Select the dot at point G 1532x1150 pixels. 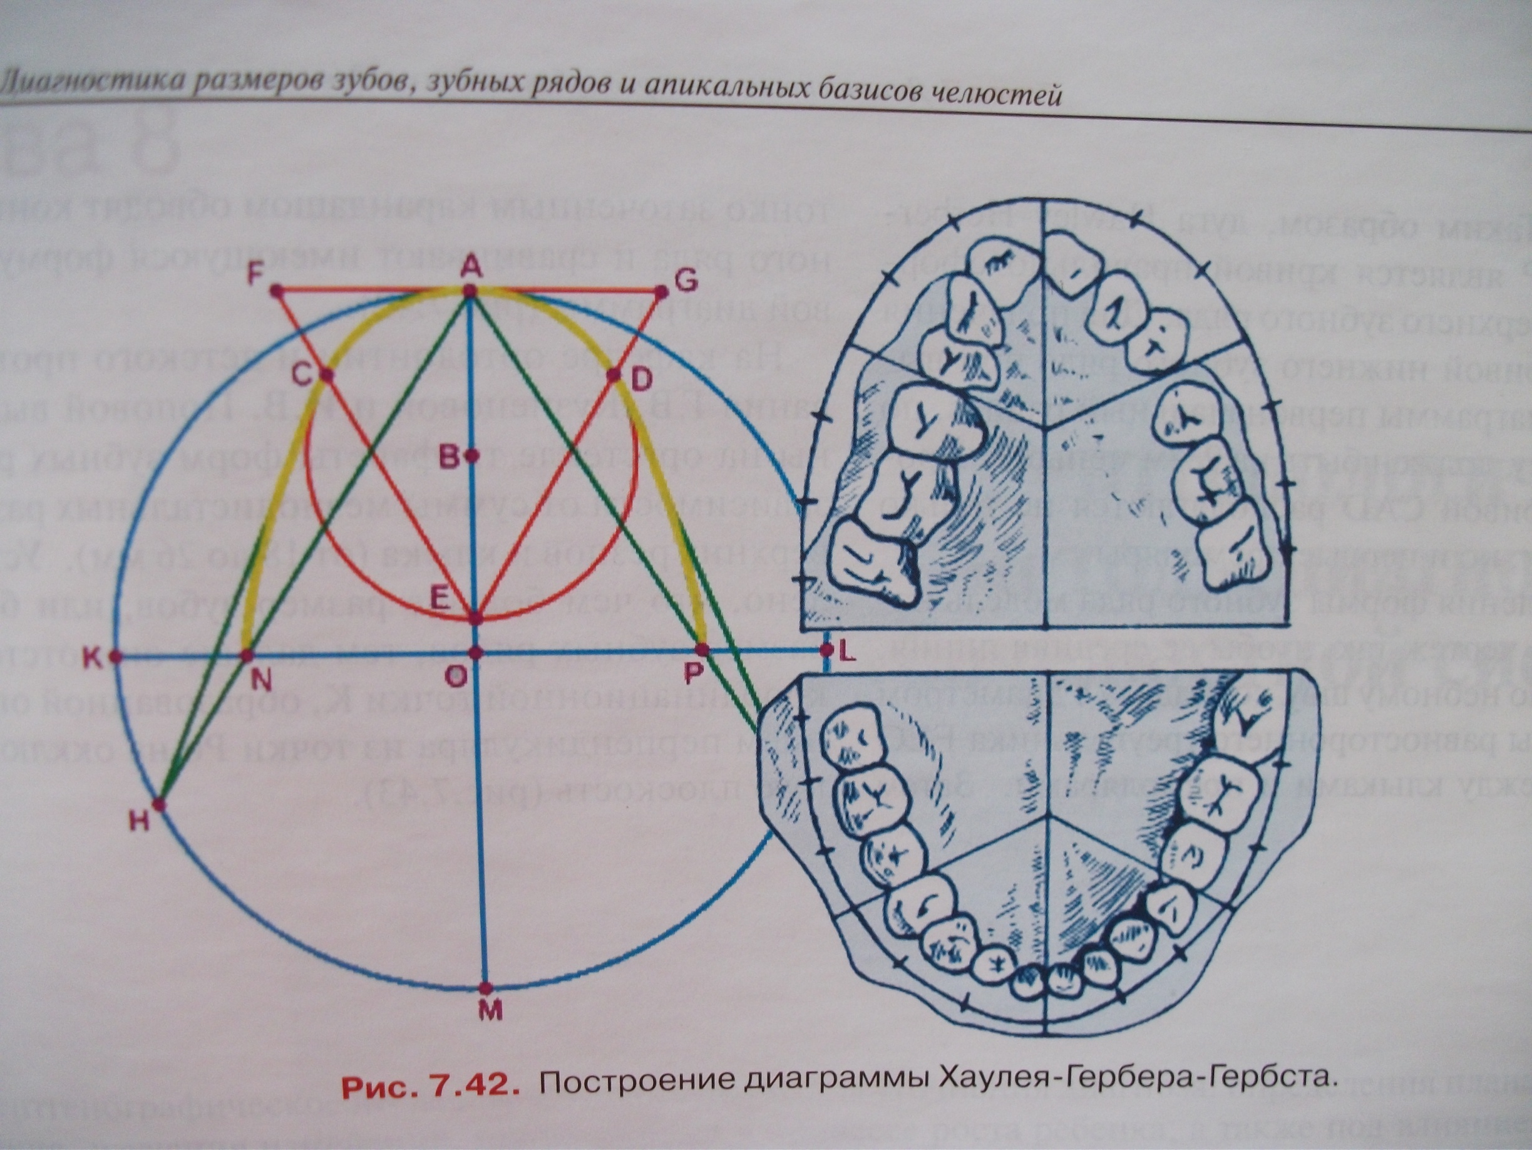tap(661, 293)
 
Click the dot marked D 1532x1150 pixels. tap(614, 375)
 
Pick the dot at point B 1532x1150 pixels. tap(471, 456)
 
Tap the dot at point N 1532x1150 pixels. tap(247, 655)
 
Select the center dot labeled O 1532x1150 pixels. tap(476, 653)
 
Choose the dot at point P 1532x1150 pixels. tap(702, 650)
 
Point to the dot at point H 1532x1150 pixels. tap(158, 805)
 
